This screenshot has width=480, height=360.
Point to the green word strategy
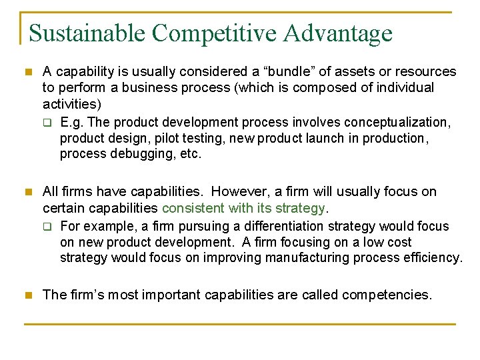[301, 208]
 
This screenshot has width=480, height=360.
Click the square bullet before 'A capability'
[27, 71]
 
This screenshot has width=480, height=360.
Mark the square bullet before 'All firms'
[27, 192]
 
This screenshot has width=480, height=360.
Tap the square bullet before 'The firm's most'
[27, 294]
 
